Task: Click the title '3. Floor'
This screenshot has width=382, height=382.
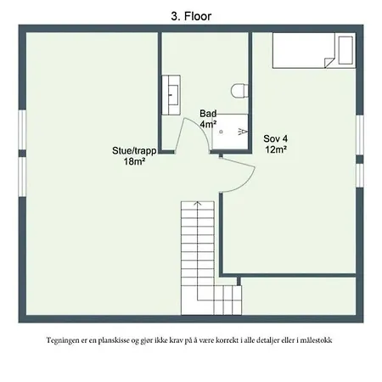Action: [191, 14]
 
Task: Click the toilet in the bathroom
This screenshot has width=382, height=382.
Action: [240, 90]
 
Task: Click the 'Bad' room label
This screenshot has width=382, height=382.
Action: [208, 114]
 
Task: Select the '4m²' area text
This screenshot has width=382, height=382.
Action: [208, 124]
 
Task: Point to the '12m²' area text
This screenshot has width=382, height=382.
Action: [275, 149]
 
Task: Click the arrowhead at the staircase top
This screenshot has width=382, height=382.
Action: [197, 205]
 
